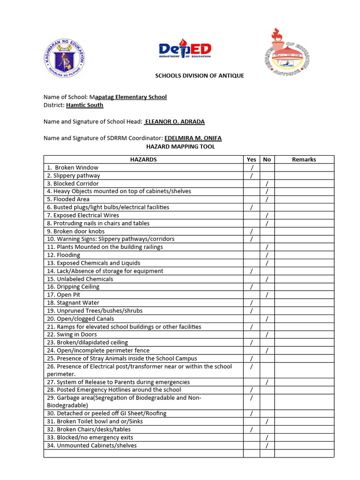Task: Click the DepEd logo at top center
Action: point(185,50)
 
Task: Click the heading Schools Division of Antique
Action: point(200,76)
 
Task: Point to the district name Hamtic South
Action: point(84,105)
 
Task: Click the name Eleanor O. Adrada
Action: point(174,122)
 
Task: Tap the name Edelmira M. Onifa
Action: point(193,138)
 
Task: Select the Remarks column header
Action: point(304,159)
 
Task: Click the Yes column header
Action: point(251,159)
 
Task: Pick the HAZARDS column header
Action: point(143,159)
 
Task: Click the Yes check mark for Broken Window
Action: point(252,168)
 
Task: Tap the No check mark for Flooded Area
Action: point(267,199)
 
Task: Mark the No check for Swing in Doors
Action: point(267,335)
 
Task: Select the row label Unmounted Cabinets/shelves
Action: point(92,446)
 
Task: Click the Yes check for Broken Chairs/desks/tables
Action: point(252,430)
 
